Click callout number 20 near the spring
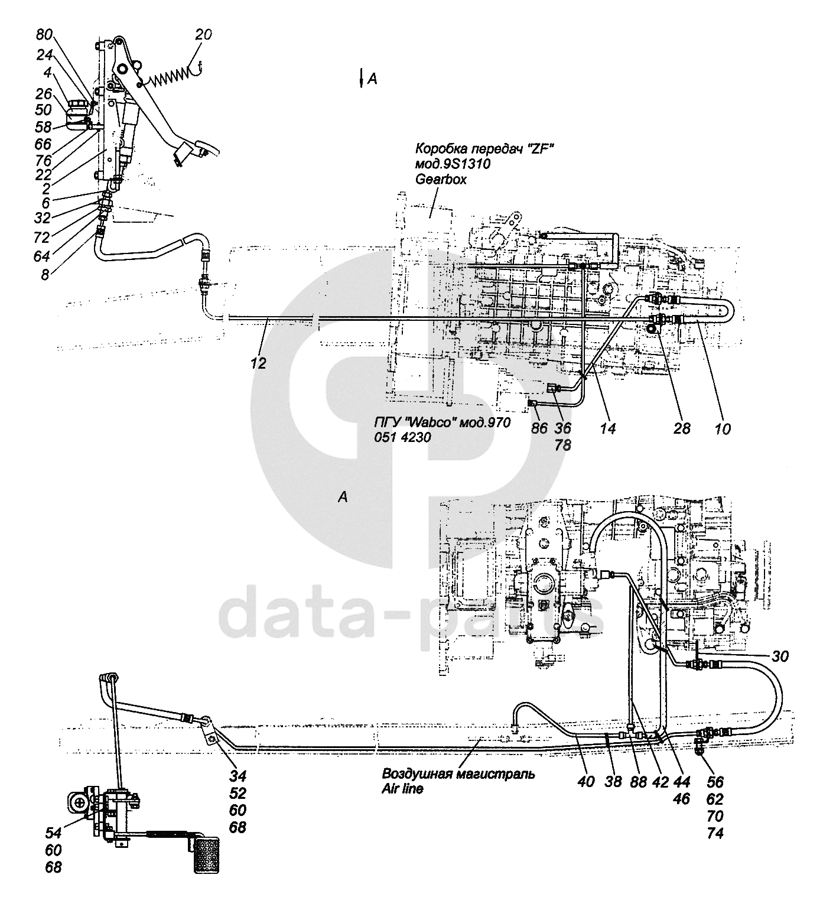(x=203, y=35)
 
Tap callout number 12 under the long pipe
(x=258, y=363)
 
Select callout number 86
(x=539, y=427)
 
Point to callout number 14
(x=607, y=427)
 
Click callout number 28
(x=682, y=427)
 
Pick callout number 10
(x=722, y=427)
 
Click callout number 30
(x=780, y=656)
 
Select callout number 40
(x=587, y=781)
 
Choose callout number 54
(x=54, y=833)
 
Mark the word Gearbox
(x=441, y=179)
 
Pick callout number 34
(x=238, y=776)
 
